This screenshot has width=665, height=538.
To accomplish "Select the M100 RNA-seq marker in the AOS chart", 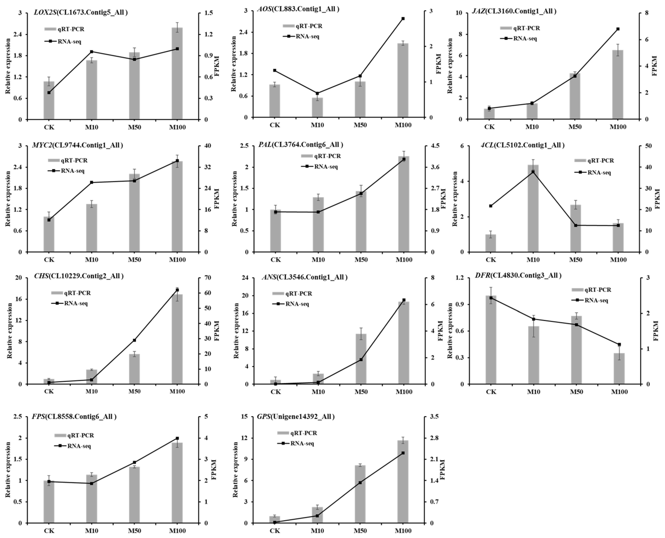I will pyautogui.click(x=403, y=19).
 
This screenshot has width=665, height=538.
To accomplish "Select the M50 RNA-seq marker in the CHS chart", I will pyautogui.click(x=134, y=340).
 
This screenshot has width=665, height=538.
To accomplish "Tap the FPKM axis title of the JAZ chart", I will pyautogui.click(x=654, y=66).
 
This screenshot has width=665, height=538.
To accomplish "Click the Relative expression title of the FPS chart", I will pyautogui.click(x=8, y=470).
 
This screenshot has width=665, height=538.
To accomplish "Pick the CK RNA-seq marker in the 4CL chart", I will pyautogui.click(x=490, y=206).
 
